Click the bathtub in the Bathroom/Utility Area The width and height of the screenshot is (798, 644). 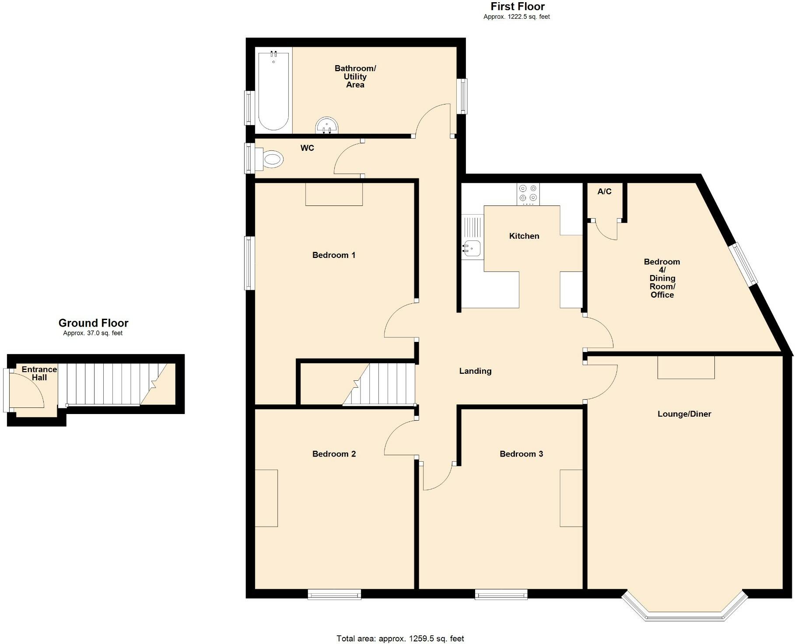coord(273,91)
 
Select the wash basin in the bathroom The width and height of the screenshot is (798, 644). coord(327,125)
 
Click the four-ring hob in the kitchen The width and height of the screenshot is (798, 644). coord(528,194)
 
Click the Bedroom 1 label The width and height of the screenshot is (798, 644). coord(334,255)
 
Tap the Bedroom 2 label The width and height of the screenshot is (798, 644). coord(334,454)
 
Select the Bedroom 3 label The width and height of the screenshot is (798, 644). coord(521,454)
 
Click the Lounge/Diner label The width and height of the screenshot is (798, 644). coord(684,414)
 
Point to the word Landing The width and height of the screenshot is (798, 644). coord(475,371)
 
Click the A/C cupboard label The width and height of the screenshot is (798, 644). coord(604,191)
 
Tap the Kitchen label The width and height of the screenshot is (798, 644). coord(524,236)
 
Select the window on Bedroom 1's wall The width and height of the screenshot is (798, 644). coord(249,263)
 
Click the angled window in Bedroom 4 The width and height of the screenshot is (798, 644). coord(743,265)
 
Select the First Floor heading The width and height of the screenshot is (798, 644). coord(518,7)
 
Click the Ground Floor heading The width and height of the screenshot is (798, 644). coord(93,323)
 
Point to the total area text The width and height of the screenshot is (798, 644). coord(400,639)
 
